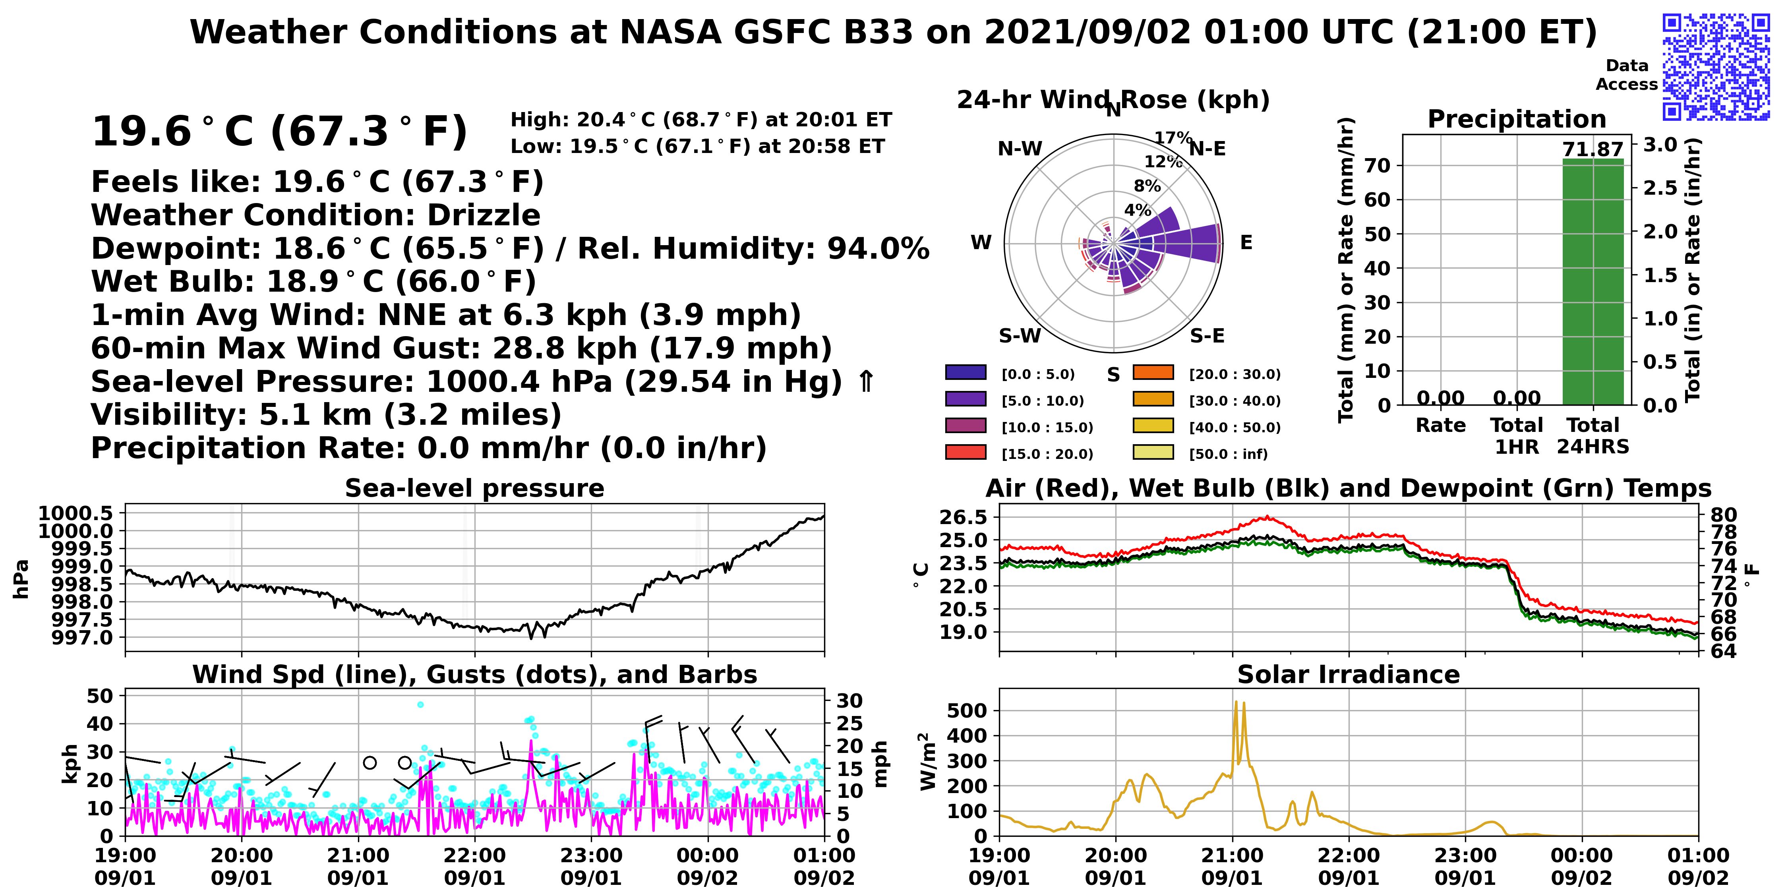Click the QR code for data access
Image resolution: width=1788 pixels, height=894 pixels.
1716,67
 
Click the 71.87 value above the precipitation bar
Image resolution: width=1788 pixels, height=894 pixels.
1593,149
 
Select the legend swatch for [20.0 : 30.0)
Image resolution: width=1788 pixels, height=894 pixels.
1153,373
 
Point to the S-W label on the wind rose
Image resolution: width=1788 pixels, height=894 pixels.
1020,336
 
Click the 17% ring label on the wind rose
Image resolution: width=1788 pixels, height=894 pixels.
1173,137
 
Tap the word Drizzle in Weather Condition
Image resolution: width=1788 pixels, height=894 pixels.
484,215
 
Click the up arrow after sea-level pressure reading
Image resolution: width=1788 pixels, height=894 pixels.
865,381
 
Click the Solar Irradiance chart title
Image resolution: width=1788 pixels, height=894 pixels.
1349,675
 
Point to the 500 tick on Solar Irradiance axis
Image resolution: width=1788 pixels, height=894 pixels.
967,711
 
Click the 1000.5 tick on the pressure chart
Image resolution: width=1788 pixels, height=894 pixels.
75,514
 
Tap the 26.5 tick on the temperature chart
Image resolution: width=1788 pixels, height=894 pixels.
964,517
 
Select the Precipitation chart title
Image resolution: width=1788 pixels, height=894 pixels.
1517,119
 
